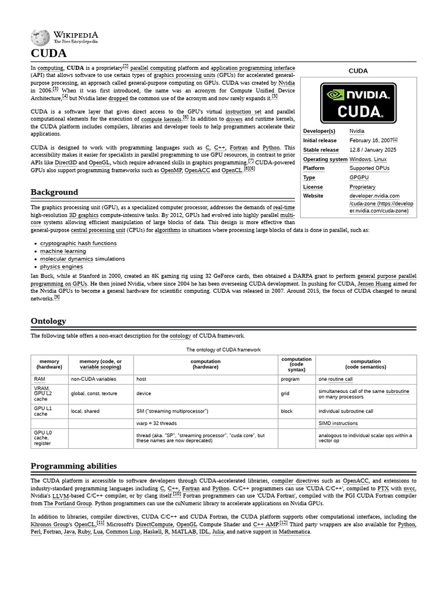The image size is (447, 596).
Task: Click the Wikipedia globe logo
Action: pyautogui.click(x=40, y=38)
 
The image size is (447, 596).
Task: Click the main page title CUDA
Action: pyautogui.click(x=48, y=54)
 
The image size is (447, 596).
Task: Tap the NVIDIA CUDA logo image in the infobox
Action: pyautogui.click(x=358, y=103)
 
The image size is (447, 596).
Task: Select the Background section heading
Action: pyautogui.click(x=54, y=192)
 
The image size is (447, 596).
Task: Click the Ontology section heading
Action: pyautogui.click(x=48, y=321)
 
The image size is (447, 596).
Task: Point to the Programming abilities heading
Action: pyautogui.click(x=73, y=466)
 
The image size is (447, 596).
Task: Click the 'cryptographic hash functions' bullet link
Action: pyautogui.click(x=78, y=243)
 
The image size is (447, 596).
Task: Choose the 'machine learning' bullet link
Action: pyautogui.click(x=63, y=251)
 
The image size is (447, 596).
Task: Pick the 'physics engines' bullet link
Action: pyautogui.click(x=61, y=267)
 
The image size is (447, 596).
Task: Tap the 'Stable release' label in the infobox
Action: pyautogui.click(x=321, y=150)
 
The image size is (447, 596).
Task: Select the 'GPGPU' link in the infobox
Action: pyautogui.click(x=359, y=178)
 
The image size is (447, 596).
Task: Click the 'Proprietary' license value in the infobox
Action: pyautogui.click(x=362, y=187)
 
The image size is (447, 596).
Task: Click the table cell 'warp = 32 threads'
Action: pyautogui.click(x=157, y=423)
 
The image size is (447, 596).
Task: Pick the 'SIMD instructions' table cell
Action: pyautogui.click(x=338, y=423)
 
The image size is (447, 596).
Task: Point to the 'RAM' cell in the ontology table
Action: pyautogui.click(x=40, y=379)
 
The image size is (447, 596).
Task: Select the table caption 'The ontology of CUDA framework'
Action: pyautogui.click(x=223, y=350)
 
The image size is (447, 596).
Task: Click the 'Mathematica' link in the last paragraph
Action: pyautogui.click(x=295, y=532)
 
